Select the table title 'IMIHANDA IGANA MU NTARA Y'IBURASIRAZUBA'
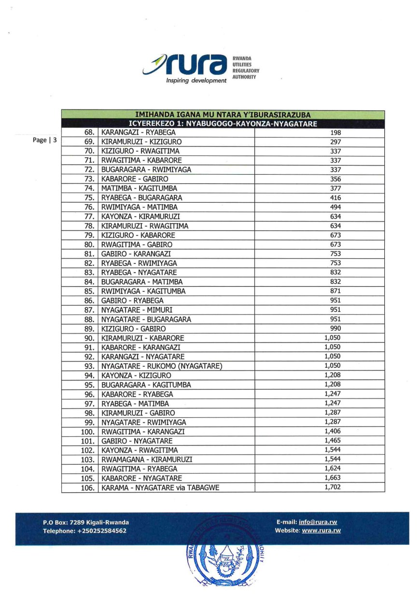[223, 115]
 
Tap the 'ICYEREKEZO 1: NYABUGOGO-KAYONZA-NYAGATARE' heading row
[223, 124]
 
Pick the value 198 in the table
[336, 132]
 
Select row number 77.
[88, 217]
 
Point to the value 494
[336, 207]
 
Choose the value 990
[336, 329]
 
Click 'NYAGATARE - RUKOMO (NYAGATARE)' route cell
[161, 366]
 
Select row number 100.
[87, 432]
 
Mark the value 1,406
[333, 431]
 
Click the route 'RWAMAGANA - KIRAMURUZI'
[146, 460]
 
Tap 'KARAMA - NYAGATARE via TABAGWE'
[160, 488]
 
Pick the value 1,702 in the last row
[333, 487]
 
